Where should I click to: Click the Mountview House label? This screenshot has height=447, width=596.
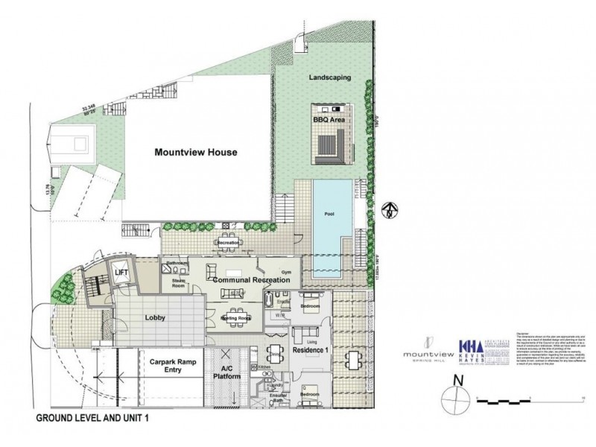point(195,153)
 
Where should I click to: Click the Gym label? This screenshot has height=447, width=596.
point(286,273)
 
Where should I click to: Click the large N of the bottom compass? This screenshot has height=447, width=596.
point(459,381)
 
